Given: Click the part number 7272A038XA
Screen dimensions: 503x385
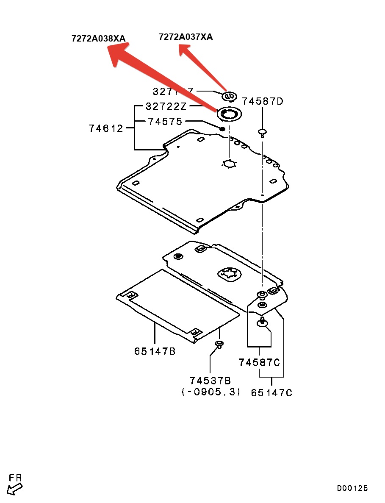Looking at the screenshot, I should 98,39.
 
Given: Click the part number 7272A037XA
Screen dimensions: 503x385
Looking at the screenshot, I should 186,37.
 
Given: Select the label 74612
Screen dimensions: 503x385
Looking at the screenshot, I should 105,128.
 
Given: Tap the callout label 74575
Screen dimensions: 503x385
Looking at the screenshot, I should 165,122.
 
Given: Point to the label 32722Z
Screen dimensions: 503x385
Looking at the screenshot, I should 163,106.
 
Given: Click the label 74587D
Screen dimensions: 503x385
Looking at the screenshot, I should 262,101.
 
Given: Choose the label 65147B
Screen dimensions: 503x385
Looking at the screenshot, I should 155,351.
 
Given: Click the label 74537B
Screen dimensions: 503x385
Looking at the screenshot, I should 211,381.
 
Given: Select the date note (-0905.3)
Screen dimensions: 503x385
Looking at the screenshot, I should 211,392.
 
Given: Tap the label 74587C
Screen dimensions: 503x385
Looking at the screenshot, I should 259,362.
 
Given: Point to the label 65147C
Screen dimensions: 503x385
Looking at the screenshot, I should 271,393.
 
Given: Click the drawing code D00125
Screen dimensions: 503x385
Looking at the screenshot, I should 352,488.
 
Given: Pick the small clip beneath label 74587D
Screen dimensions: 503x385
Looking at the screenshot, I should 262,132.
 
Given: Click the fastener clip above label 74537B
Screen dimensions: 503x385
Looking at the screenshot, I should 219,343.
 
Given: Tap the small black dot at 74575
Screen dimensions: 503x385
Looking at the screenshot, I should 222,128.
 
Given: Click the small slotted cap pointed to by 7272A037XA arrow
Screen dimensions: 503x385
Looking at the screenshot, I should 229,97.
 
